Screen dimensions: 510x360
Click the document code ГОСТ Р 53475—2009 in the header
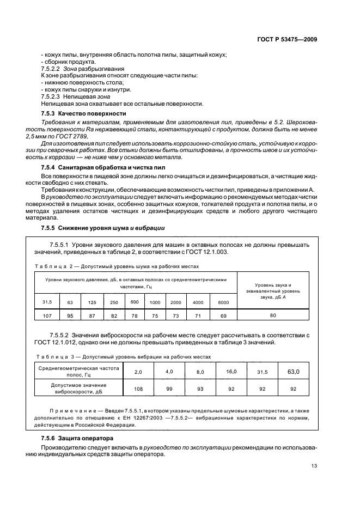(x=287, y=39)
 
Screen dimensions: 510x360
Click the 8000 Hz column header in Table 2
(x=223, y=302)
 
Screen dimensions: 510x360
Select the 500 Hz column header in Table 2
(x=135, y=302)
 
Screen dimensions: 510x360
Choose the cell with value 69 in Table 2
(x=223, y=315)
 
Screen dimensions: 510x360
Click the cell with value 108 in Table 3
(x=138, y=388)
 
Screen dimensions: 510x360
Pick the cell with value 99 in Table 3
(x=169, y=388)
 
